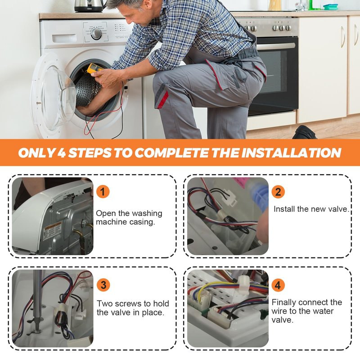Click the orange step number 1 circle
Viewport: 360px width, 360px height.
(x=103, y=192)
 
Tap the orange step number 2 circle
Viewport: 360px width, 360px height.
(x=278, y=192)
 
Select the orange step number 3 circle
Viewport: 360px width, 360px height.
(x=103, y=285)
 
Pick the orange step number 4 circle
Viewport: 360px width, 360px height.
(x=278, y=285)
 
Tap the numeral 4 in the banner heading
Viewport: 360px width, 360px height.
(x=61, y=153)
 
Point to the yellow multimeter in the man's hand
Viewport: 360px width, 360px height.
(x=94, y=69)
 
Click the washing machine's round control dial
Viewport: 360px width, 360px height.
(x=96, y=34)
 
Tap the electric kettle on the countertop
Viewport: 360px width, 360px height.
(x=90, y=6)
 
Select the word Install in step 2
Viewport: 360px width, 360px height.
(x=284, y=209)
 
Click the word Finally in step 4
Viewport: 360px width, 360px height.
(x=284, y=302)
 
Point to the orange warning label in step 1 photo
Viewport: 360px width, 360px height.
(x=52, y=231)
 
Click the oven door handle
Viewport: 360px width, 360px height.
(x=276, y=46)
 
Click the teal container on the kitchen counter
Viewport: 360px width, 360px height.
(x=331, y=7)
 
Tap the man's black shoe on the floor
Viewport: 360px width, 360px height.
(x=304, y=132)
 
